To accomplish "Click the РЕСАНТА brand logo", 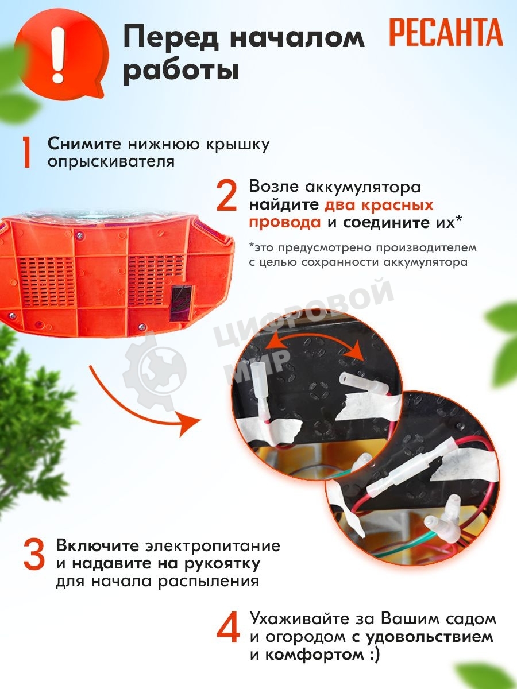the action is tap(446, 32).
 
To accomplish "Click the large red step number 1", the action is tap(28, 152).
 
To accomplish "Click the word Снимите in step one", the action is tap(84, 144).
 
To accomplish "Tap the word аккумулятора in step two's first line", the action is tap(363, 188).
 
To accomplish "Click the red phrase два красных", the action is tap(379, 206).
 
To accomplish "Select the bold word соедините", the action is tap(386, 223).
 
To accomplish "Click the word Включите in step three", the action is tap(98, 546).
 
